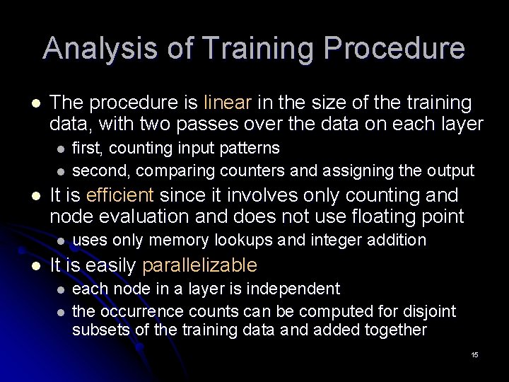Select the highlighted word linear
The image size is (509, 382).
227,103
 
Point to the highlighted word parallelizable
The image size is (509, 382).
201,265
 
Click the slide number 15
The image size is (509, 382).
474,354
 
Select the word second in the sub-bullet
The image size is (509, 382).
100,170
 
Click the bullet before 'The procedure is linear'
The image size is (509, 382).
28,103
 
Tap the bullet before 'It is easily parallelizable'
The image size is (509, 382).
28,265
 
